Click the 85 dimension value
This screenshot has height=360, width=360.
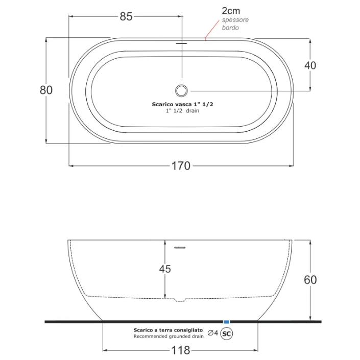(126, 16)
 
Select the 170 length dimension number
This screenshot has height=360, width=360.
(181, 166)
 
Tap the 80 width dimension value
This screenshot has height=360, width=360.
(46, 90)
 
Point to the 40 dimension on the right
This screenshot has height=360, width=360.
(310, 65)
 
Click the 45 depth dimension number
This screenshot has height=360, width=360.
(165, 269)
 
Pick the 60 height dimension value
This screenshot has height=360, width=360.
(310, 280)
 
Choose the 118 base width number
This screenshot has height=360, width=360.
(181, 350)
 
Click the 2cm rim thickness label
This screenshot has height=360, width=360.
(231, 11)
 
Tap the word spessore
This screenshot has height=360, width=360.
(235, 20)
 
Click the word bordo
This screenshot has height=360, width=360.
(230, 28)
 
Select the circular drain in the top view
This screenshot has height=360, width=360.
(181, 90)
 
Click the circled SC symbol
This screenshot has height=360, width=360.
(226, 333)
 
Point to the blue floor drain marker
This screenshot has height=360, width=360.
(226, 322)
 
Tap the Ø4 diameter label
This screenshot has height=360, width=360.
(212, 332)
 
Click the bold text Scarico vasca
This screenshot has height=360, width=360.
(172, 105)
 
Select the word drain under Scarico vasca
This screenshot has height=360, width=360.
(193, 111)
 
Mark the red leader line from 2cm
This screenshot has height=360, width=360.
(212, 30)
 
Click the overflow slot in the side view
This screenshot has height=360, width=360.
(180, 248)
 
